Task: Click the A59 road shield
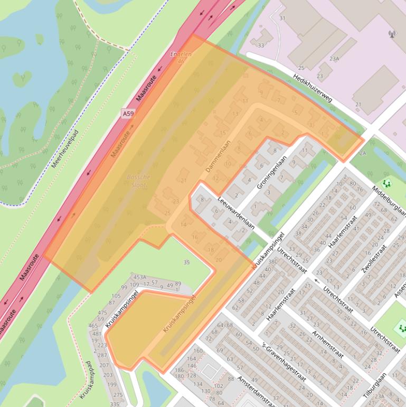[x=127, y=114]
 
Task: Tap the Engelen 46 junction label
[x=181, y=58]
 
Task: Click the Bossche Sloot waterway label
[x=137, y=181]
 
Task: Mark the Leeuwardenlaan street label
[x=236, y=213]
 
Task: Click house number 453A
[x=140, y=277]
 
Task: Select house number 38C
[x=272, y=261]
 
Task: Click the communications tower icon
[x=392, y=35]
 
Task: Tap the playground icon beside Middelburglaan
[x=388, y=183]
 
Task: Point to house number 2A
[x=362, y=153]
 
